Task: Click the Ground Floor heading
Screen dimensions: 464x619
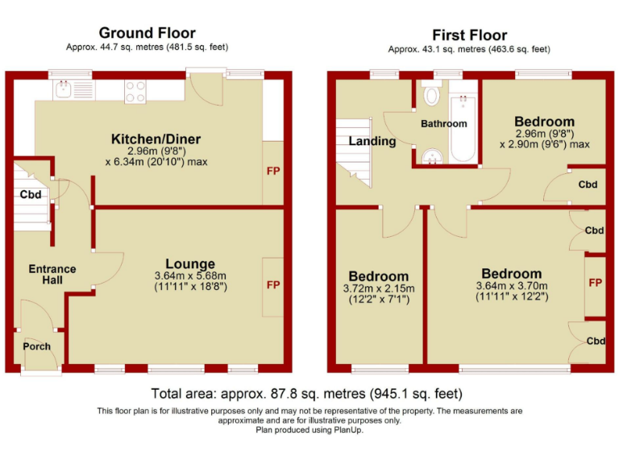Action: click(147, 33)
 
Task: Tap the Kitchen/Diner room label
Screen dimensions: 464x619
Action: click(156, 139)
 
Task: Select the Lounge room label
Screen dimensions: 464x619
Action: click(190, 263)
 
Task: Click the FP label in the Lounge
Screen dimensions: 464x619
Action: click(273, 285)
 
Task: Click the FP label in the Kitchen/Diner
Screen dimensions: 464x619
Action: click(273, 172)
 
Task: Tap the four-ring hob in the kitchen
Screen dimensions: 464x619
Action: click(135, 92)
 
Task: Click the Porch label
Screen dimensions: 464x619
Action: click(37, 346)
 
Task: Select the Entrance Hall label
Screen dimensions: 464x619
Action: click(52, 274)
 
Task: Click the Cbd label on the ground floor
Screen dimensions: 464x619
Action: click(31, 194)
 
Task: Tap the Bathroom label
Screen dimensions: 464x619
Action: click(443, 123)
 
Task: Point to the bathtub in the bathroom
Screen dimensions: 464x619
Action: click(463, 121)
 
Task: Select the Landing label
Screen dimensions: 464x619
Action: click(372, 141)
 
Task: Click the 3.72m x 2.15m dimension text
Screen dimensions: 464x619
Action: click(377, 289)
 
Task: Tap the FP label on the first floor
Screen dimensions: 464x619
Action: click(596, 283)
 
